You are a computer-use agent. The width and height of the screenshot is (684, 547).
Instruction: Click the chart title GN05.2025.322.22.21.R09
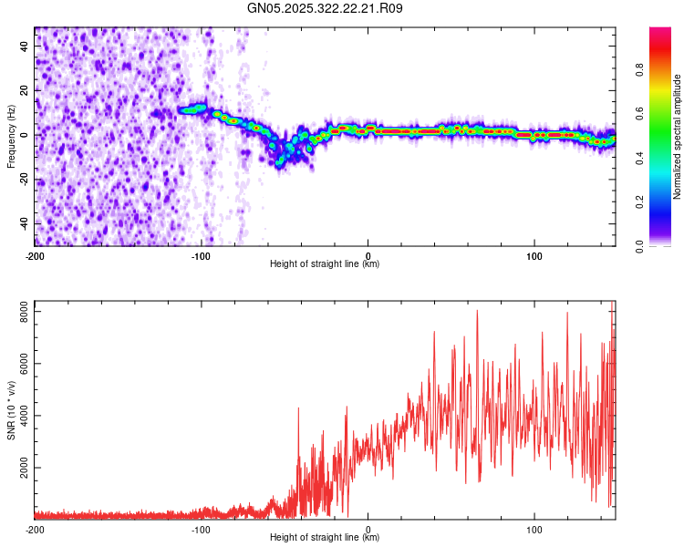326,9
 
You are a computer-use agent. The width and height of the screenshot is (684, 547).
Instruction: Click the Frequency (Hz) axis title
11,137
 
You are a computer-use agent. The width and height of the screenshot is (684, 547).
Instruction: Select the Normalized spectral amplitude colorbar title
678,137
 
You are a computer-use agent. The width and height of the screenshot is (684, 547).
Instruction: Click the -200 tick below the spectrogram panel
35,255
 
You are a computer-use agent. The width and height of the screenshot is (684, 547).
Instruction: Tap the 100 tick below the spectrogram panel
534,255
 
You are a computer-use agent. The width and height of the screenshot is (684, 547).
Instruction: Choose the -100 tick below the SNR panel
201,529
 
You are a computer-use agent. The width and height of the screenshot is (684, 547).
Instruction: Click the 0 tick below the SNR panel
368,529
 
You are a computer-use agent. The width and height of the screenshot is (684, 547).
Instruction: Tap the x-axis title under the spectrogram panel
325,264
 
